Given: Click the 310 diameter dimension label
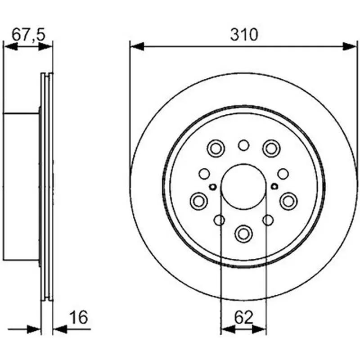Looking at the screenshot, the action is pyautogui.click(x=244, y=35).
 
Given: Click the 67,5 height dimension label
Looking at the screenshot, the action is pyautogui.click(x=29, y=35).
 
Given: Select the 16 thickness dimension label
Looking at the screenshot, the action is pyautogui.click(x=78, y=317).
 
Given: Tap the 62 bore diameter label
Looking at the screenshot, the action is pyautogui.click(x=243, y=318).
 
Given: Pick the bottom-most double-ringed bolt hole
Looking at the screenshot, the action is pyautogui.click(x=243, y=234).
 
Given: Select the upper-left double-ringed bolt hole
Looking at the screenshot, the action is pyautogui.click(x=216, y=148).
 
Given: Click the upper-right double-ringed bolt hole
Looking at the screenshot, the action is pyautogui.click(x=271, y=148).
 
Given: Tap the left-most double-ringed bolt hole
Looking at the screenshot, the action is pyautogui.click(x=199, y=201).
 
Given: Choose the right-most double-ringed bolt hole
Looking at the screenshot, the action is pyautogui.click(x=288, y=201).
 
